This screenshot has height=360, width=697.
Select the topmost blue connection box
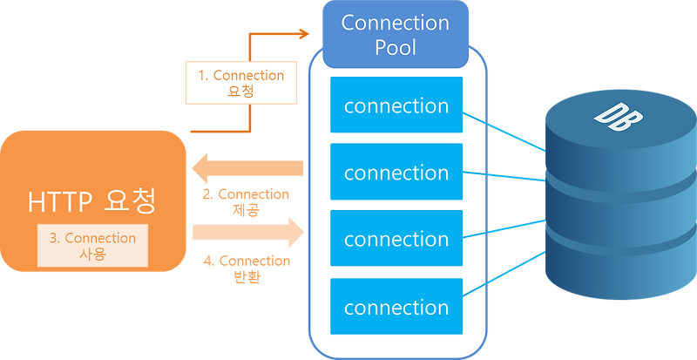[396, 105]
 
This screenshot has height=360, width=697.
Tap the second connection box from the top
[396, 173]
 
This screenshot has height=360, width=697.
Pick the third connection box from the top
[396, 239]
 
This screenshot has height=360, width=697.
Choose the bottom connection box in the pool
[396, 307]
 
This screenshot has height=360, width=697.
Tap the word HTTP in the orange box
[58, 201]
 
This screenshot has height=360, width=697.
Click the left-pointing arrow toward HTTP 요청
[248, 166]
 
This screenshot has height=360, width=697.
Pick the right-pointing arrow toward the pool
[248, 232]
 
